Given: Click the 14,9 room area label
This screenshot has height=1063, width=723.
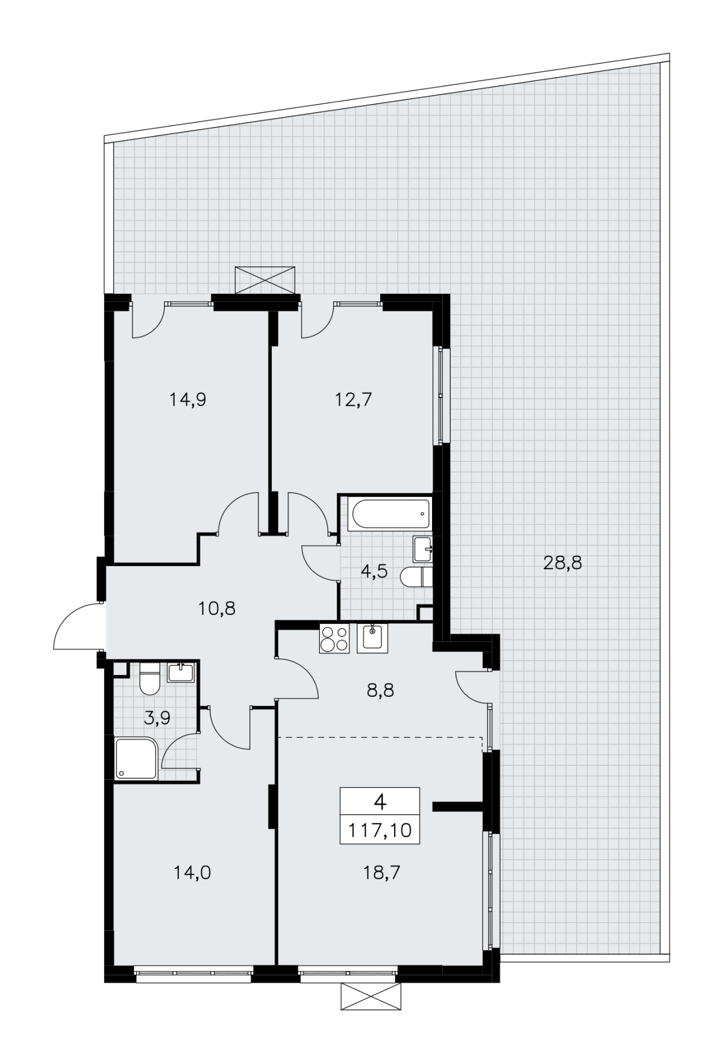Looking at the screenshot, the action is click(188, 399).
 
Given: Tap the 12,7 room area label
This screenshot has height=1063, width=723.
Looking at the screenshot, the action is click(353, 399).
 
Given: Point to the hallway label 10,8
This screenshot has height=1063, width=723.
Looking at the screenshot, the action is click(217, 608).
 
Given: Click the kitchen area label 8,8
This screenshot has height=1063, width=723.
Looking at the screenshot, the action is click(380, 690).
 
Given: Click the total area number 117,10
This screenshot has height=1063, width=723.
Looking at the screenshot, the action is click(380, 831).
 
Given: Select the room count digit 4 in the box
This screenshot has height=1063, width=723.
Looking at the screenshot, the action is click(380, 802).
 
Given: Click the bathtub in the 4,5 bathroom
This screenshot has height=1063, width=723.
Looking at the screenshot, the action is click(390, 516).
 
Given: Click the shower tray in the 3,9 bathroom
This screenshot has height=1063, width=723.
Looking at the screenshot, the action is click(137, 759).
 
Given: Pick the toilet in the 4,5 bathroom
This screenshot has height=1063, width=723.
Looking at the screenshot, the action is click(416, 577).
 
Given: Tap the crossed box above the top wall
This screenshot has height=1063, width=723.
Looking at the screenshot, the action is click(265, 280).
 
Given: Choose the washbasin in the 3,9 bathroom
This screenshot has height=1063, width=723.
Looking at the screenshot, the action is click(181, 672).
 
